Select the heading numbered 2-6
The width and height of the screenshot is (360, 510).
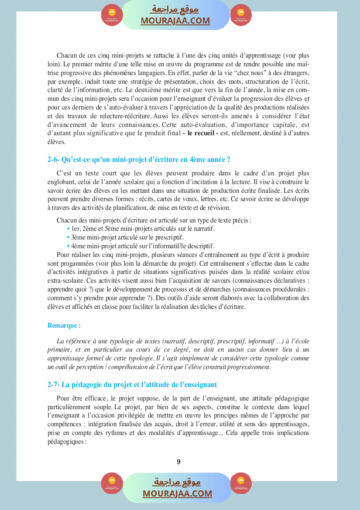click(139, 160)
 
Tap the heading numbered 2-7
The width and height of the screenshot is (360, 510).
click(132, 384)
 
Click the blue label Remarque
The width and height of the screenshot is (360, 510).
click(64, 325)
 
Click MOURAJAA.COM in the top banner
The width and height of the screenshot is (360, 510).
click(175, 21)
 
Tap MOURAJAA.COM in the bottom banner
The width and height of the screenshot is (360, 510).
click(177, 493)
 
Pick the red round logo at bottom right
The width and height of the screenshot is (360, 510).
click(241, 483)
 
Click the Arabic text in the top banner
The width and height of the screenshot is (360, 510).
click(175, 10)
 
